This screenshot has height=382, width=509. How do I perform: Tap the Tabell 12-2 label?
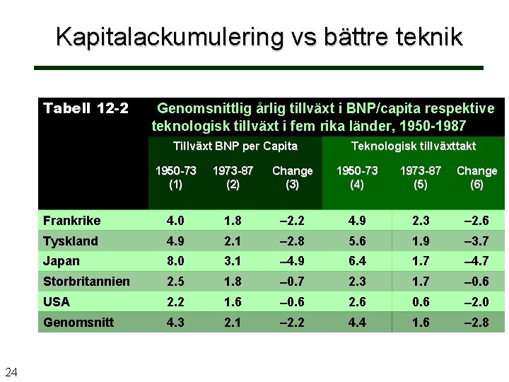(x=86, y=108)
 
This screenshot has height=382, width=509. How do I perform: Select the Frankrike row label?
(x=71, y=221)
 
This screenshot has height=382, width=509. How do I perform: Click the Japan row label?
(x=62, y=261)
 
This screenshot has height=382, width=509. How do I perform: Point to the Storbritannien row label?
(x=86, y=282)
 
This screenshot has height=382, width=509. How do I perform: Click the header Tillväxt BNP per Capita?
(x=235, y=146)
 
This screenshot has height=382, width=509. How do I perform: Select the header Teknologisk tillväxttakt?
(x=414, y=146)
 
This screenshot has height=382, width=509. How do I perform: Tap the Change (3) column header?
(x=292, y=178)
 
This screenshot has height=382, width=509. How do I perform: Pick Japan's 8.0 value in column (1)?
(x=175, y=261)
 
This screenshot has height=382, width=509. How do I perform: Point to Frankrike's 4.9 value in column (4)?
(x=356, y=221)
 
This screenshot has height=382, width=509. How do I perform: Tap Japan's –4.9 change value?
(x=292, y=261)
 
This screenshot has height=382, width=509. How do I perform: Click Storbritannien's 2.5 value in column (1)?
(x=175, y=282)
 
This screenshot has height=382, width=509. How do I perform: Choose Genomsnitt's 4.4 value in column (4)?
(x=356, y=322)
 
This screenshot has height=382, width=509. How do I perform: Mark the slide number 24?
(x=11, y=371)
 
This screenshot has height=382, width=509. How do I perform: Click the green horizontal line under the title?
(x=259, y=68)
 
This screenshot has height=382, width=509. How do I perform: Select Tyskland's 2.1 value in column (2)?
(x=232, y=241)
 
